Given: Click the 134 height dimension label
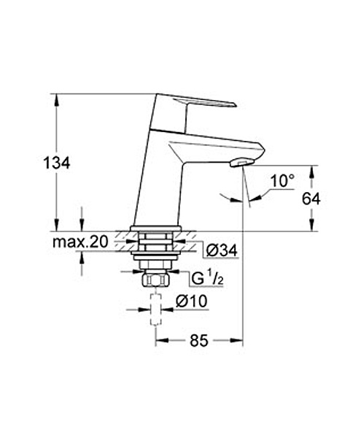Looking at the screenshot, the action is pos(57,163).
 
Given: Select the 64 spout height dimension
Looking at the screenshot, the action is pos(311,199).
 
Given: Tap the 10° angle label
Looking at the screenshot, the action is pos(282,181).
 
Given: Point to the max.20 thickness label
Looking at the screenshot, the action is pos(80,242).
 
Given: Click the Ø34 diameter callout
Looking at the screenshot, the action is pos(222,250).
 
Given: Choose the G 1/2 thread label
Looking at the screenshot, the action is pos(207,279).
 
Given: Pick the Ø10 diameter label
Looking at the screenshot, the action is pos(192,301).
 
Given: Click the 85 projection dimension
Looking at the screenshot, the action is pos(199,340).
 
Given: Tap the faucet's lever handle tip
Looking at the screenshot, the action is pos(235,105).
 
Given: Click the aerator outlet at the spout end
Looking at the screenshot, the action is pos(242,162).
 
